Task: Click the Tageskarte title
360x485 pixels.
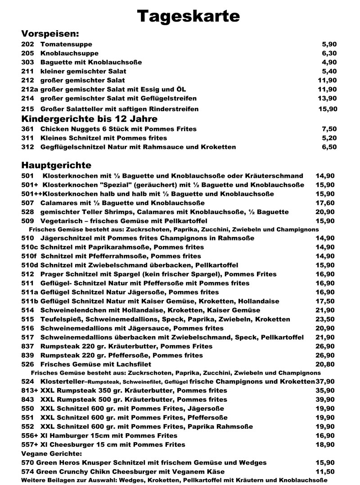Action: tap(189, 17)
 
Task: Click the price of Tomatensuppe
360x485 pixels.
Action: tap(329, 45)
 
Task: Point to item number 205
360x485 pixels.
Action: tap(27, 54)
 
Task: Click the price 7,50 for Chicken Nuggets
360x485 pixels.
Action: tap(329, 129)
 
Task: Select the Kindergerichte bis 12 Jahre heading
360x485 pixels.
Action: tap(90, 119)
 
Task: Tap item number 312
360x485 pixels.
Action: tap(27, 147)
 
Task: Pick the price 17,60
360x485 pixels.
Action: tap(326, 203)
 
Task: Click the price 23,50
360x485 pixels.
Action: tap(326, 319)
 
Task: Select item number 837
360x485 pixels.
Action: tap(27, 346)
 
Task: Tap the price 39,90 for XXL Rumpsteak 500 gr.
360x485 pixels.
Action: tap(326, 400)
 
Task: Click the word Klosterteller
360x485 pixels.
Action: tap(62, 382)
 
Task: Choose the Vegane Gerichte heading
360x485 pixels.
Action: tap(51, 454)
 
